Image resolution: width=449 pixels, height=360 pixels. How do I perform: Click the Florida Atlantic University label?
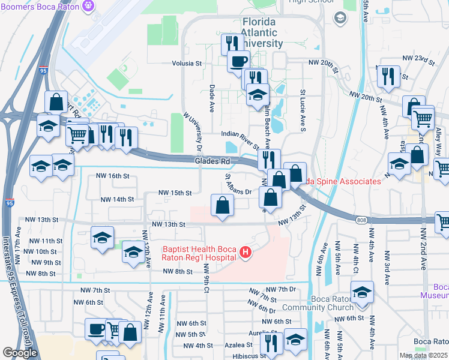[259, 33]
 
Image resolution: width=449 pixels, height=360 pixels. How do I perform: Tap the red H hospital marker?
[245, 253]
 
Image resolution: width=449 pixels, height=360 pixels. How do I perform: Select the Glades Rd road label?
[212, 161]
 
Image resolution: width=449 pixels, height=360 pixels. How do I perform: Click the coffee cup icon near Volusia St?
[239, 61]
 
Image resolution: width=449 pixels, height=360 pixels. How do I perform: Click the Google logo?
[20, 352]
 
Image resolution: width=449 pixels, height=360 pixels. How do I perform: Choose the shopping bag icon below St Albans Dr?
[222, 205]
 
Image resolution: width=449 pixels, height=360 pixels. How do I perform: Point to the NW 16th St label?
[113, 176]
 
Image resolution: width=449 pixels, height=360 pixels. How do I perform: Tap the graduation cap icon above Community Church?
[362, 292]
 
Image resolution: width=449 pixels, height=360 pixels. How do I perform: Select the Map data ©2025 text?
[423, 355]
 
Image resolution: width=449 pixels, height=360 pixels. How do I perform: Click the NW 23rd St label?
[418, 58]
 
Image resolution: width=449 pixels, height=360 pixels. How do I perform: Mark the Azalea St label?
[238, 345]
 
